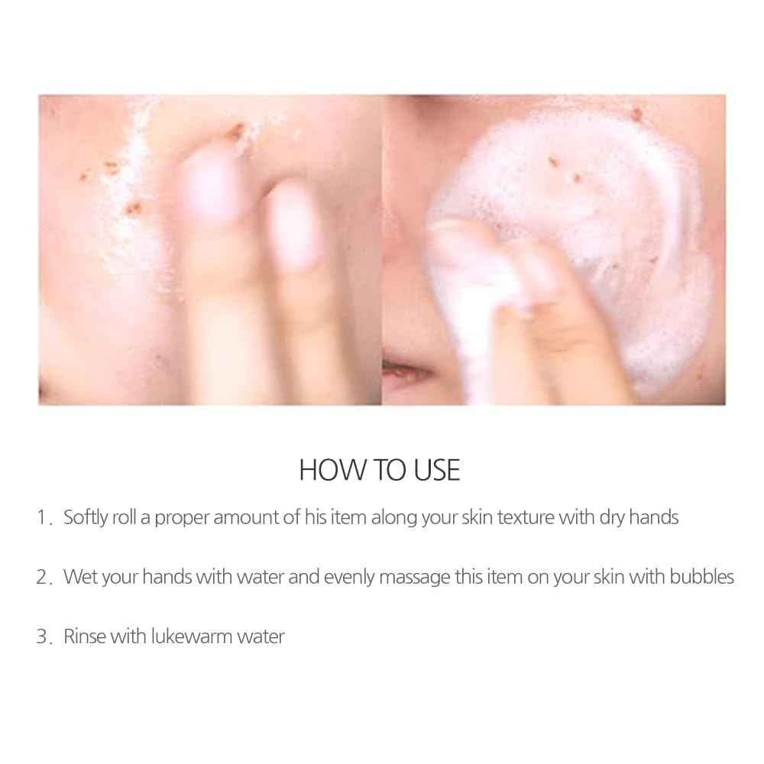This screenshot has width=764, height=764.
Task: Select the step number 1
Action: [x=42, y=518]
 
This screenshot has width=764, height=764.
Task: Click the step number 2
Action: [x=42, y=577]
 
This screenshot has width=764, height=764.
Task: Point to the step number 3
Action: [x=42, y=636]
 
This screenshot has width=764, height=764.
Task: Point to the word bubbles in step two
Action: [x=699, y=576]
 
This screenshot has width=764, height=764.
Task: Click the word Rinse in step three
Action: [x=85, y=636]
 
